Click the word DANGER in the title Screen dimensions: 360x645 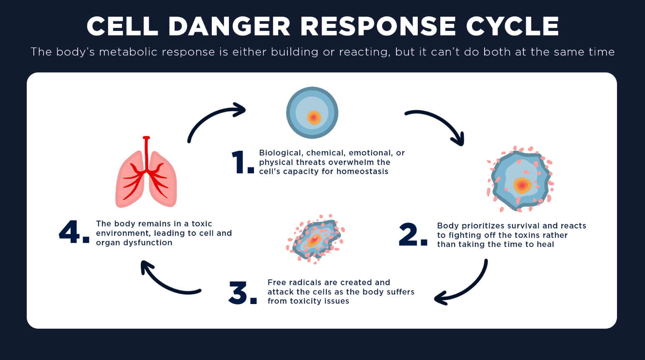pos(229,26)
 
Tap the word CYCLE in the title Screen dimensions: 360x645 pos(512,26)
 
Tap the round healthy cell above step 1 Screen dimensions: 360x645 pos(312,113)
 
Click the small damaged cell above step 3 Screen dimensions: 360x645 pos(316,239)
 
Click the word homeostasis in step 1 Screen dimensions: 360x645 pos(362,172)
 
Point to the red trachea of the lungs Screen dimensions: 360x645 pos(146,152)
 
